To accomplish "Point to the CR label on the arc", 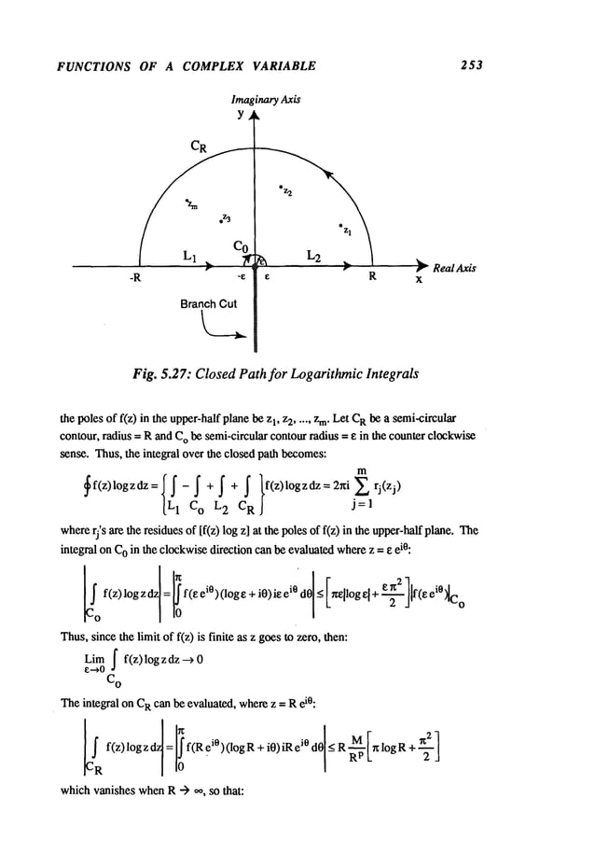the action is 199,146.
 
